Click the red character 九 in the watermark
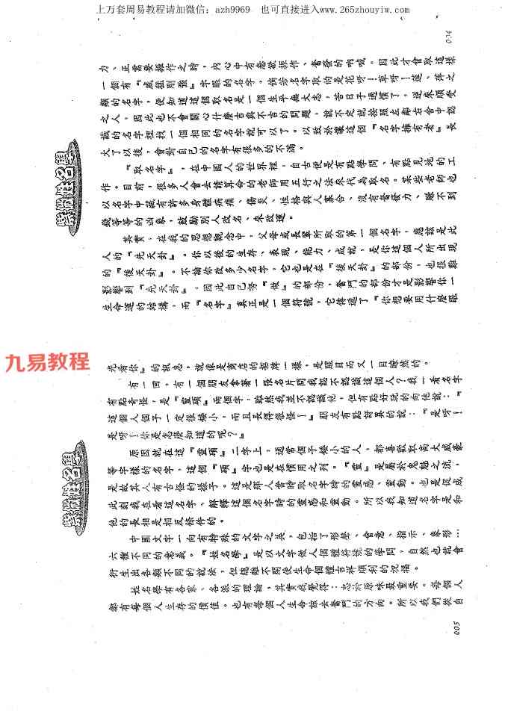coord(16,363)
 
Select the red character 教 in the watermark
coord(58,363)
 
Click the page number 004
coord(450,34)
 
